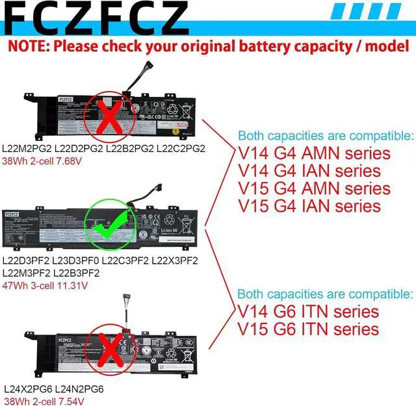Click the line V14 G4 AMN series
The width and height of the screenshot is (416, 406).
[x=315, y=154]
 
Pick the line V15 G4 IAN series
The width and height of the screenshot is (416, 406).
[x=309, y=206]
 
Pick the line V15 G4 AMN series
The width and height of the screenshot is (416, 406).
[x=315, y=189]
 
